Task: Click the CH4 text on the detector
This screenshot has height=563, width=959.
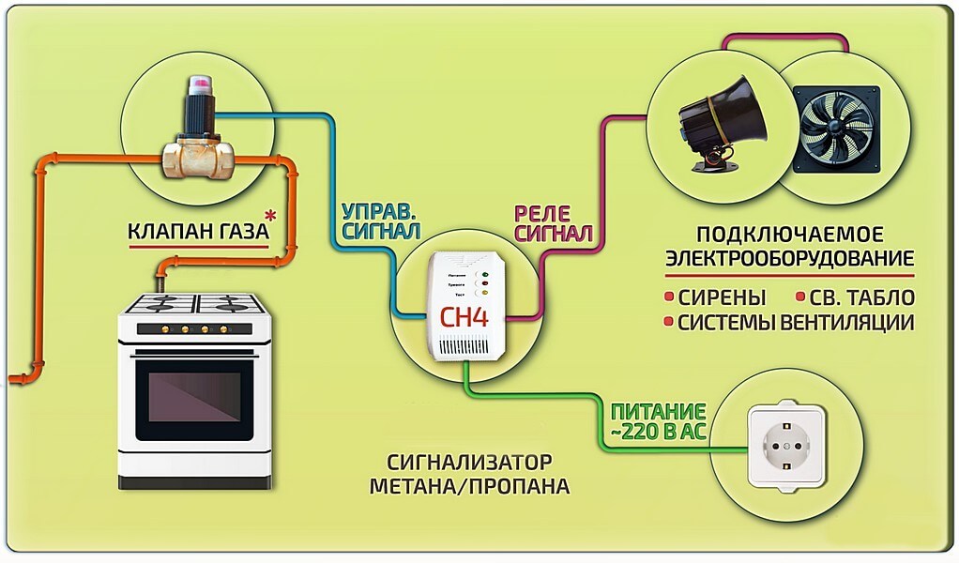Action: tap(464, 316)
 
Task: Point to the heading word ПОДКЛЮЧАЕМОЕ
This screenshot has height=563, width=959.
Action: tap(790, 234)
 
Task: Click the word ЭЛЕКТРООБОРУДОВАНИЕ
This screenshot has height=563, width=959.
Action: tap(790, 257)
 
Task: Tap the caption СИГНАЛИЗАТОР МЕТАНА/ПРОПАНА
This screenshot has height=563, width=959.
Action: tap(469, 475)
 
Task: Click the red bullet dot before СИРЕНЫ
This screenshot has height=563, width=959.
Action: tap(669, 298)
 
